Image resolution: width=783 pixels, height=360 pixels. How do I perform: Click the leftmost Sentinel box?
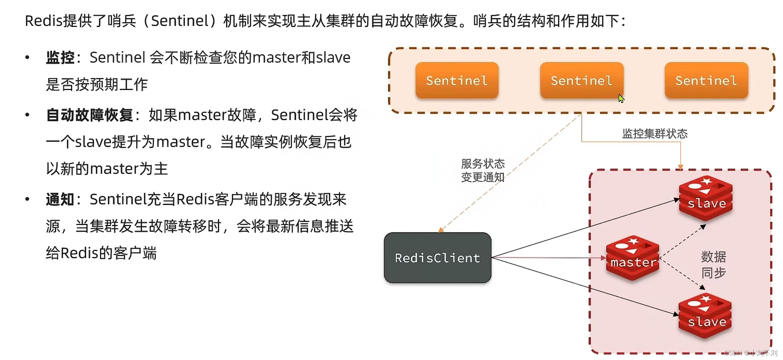[457, 80]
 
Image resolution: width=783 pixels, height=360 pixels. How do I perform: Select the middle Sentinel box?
[581, 80]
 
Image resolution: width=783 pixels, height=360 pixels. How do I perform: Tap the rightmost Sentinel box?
[706, 80]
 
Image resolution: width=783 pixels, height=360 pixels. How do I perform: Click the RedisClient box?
[437, 258]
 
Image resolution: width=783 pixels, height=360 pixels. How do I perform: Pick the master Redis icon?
[633, 258]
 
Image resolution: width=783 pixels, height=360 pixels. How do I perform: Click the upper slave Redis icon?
[706, 198]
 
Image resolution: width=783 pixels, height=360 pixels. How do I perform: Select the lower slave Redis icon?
[705, 316]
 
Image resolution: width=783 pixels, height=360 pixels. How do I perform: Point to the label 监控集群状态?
[655, 134]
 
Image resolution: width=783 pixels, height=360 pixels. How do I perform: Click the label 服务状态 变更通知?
[483, 170]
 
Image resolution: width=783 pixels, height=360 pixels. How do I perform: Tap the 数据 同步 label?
[714, 265]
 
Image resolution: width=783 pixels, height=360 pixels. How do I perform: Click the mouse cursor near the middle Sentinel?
[621, 99]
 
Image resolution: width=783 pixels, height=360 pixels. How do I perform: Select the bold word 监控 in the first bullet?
[60, 57]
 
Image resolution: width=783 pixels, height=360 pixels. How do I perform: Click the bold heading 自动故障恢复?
[90, 115]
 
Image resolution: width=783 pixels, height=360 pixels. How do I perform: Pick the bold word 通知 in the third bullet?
[60, 199]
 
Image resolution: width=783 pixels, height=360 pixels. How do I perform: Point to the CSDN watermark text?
[750, 353]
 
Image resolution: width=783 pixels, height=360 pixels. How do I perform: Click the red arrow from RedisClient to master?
[547, 257]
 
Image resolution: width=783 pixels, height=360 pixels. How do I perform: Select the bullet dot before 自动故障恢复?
[27, 115]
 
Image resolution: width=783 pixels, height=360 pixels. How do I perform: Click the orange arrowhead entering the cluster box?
[680, 167]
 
